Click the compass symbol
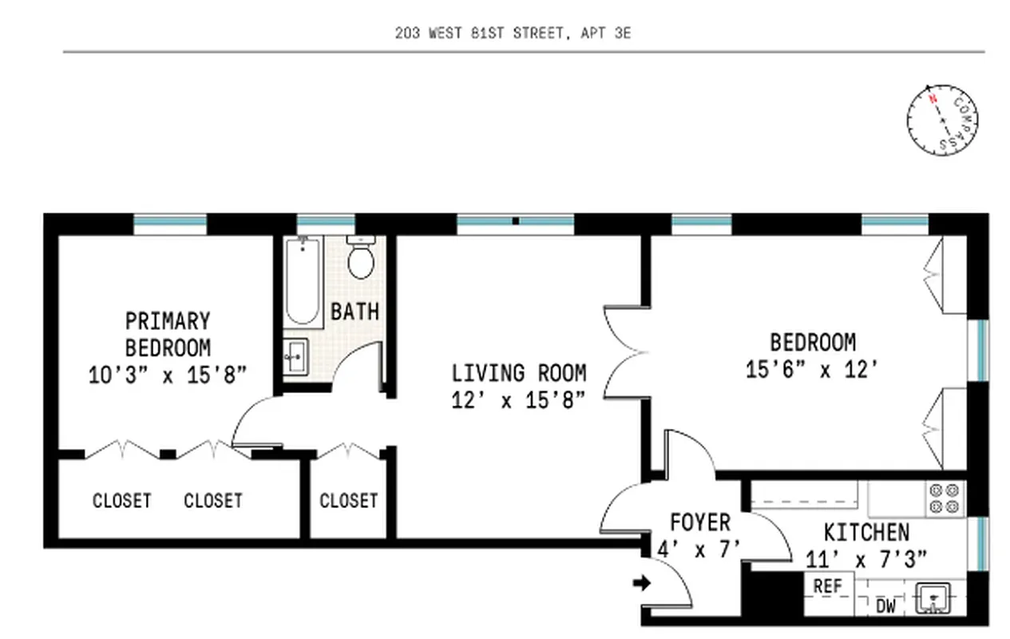(x=942, y=121)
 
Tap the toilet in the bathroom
(x=362, y=259)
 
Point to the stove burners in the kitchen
(x=945, y=499)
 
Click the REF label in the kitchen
(x=828, y=585)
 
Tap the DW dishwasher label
(x=885, y=606)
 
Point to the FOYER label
(x=699, y=523)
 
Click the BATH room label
(x=355, y=311)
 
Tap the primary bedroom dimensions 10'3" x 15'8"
(x=168, y=375)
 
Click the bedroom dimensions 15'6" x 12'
(x=813, y=371)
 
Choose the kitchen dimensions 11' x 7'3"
(x=865, y=559)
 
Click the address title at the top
(x=513, y=34)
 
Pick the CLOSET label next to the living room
(x=348, y=501)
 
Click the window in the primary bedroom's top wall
(x=170, y=224)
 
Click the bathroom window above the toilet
(x=326, y=224)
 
